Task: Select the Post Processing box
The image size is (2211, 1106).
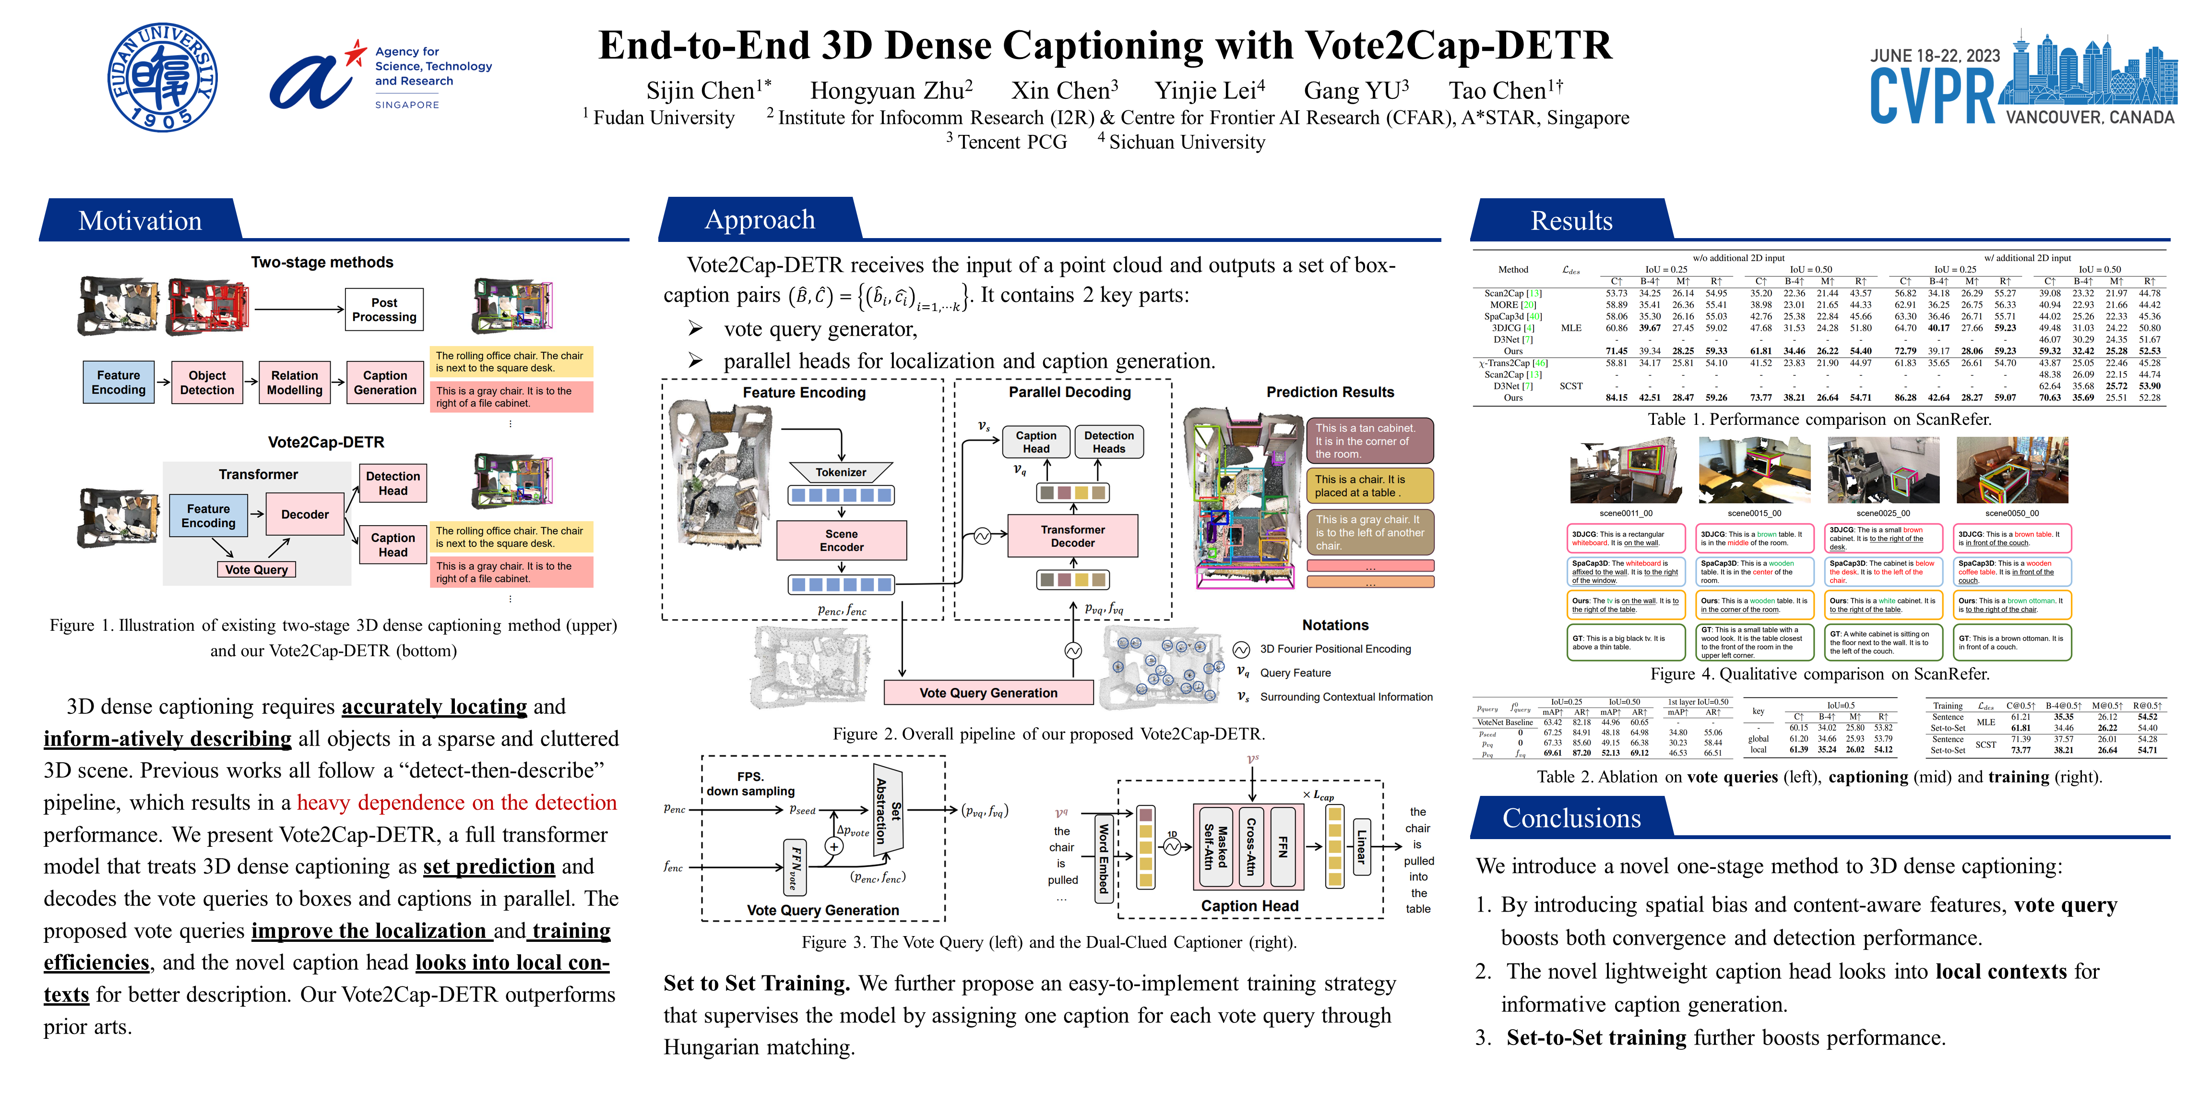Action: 384,309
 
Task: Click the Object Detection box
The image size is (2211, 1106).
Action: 207,382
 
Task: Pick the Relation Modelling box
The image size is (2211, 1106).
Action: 295,382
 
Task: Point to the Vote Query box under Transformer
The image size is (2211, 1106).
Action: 256,569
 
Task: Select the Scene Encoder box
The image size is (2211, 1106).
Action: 841,540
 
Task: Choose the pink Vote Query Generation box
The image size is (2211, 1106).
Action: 988,692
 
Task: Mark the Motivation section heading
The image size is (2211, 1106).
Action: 140,221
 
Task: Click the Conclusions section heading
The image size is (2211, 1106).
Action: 1571,818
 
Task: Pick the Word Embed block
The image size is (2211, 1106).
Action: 1104,857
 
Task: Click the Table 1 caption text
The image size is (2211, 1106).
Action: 1819,419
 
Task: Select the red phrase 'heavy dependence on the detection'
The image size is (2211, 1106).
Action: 457,802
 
